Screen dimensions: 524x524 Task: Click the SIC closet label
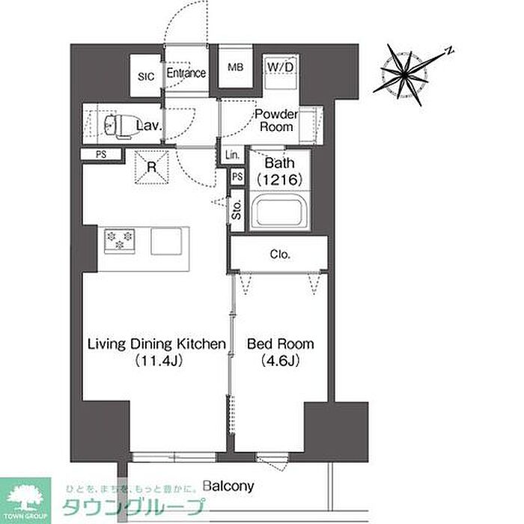(146, 76)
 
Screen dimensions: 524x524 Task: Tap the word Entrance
(186, 73)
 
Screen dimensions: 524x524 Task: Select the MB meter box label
(235, 67)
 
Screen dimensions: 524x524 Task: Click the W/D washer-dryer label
(281, 67)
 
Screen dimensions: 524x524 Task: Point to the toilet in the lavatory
(121, 125)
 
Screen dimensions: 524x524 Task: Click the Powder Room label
(276, 121)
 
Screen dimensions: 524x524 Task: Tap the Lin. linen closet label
(232, 155)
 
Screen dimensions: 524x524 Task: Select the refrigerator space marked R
(152, 167)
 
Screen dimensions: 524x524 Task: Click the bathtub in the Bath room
(279, 213)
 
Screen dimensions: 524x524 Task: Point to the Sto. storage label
(237, 210)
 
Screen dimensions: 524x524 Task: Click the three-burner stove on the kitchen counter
(119, 241)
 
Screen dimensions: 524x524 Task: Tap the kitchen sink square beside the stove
(166, 241)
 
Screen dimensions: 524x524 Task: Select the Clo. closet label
(280, 255)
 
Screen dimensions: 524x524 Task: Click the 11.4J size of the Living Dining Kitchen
(159, 361)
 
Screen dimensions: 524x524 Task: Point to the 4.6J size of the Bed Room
(281, 361)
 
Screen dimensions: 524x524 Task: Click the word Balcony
(228, 487)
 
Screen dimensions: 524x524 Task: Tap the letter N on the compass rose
(450, 51)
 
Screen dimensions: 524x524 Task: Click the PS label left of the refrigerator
(101, 154)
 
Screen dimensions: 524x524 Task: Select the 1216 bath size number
(280, 180)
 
